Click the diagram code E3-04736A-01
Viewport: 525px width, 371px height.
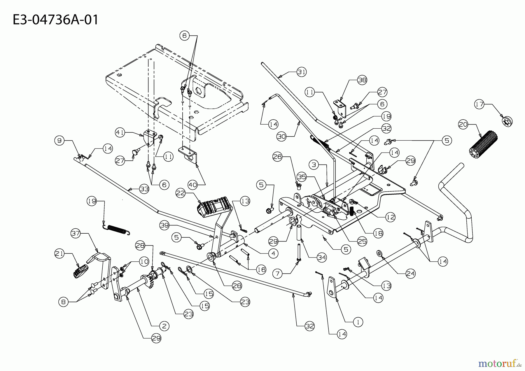(56, 20)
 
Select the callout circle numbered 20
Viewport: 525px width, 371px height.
(463, 125)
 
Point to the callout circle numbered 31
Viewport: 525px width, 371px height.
(302, 72)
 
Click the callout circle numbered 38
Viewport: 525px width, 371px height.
(362, 80)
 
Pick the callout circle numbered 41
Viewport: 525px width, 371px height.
(120, 132)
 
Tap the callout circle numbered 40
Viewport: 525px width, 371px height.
(193, 184)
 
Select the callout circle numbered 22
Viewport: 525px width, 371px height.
(181, 193)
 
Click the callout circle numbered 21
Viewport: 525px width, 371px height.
(60, 254)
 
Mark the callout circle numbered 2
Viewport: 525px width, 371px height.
(164, 326)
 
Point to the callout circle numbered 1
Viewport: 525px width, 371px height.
(358, 322)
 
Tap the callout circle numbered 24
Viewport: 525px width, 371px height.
(410, 273)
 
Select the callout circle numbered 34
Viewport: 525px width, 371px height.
(322, 257)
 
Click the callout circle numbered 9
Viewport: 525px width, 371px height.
(60, 141)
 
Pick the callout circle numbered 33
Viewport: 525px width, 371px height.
(144, 189)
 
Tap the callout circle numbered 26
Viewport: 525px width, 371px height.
(277, 157)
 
